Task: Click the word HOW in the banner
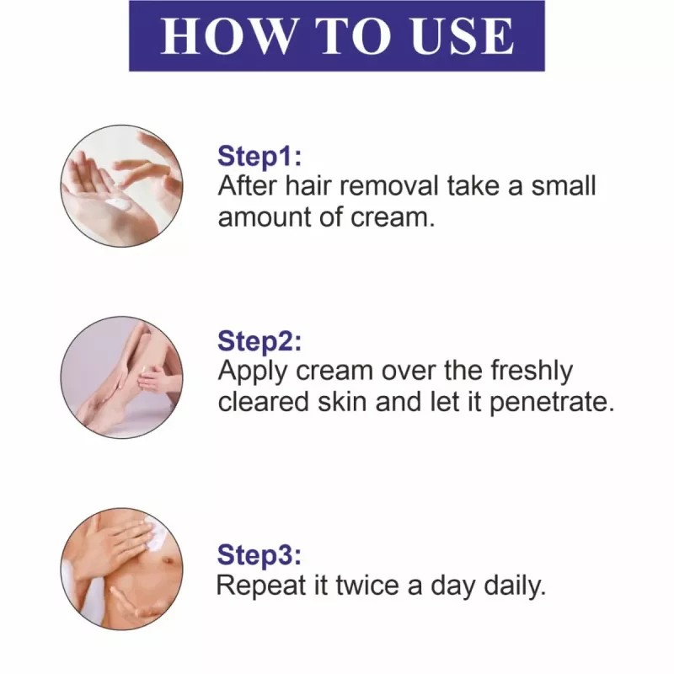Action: [x=226, y=35]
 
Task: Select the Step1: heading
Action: [x=259, y=156]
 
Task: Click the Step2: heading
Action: [x=259, y=341]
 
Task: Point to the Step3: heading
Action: [x=259, y=554]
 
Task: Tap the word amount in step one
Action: [x=265, y=217]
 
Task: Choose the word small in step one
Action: [x=564, y=185]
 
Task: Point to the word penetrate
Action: [x=552, y=403]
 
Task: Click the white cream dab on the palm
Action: [x=118, y=202]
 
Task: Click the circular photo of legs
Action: [x=121, y=377]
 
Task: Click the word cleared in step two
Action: [x=264, y=402]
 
